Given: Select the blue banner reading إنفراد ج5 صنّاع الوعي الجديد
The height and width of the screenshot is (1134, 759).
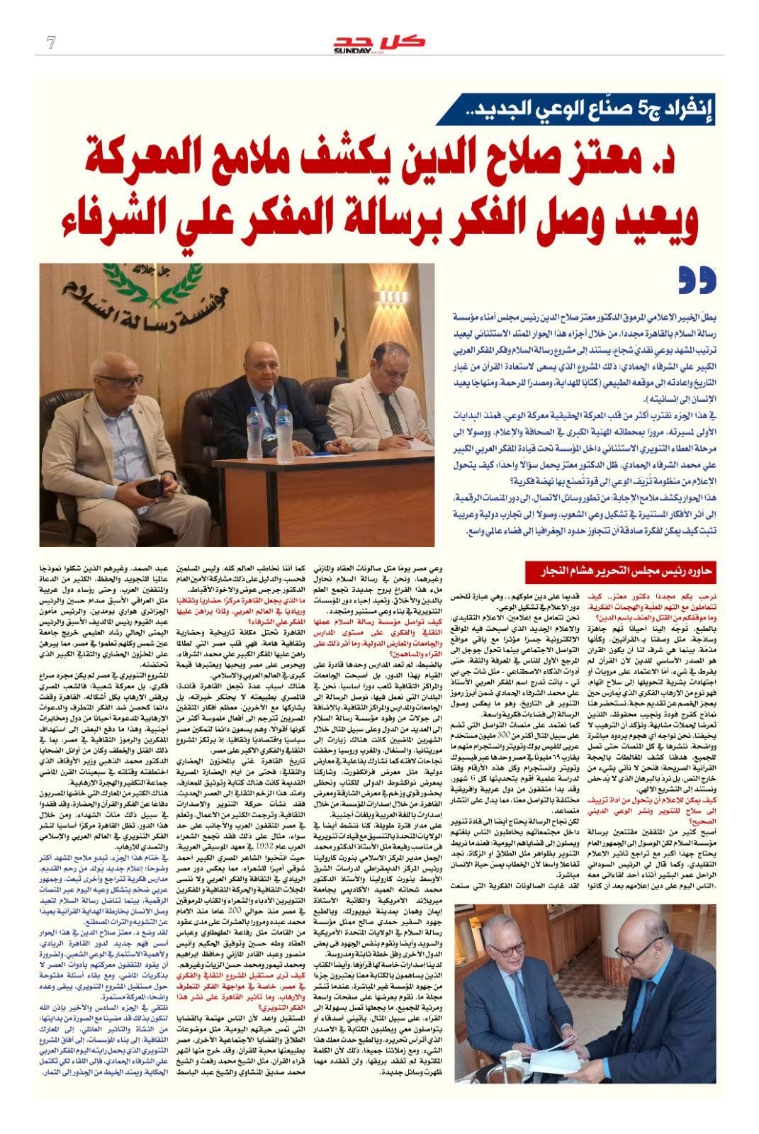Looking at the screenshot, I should click(575, 110).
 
